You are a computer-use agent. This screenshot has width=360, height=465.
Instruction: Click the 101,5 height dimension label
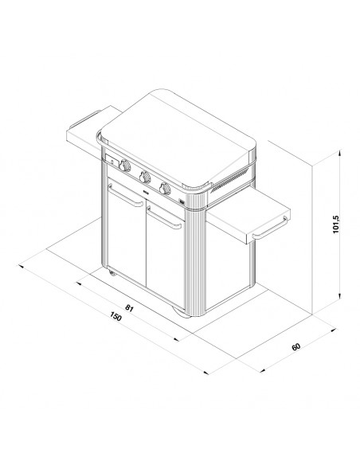click(x=335, y=224)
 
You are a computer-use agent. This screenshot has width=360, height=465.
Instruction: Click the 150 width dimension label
click(x=115, y=316)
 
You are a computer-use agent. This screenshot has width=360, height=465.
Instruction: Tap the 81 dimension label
click(x=129, y=308)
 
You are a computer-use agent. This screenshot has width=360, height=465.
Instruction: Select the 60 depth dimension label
click(x=296, y=346)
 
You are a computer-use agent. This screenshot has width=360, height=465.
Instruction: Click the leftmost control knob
click(x=125, y=166)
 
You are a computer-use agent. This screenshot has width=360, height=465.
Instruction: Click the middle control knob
click(x=145, y=177)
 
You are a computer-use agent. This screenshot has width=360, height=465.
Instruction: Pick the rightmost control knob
click(x=165, y=189)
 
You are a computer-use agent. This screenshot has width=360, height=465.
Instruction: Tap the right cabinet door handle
click(x=164, y=217)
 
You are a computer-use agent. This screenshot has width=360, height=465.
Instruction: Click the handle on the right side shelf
click(x=270, y=228)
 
